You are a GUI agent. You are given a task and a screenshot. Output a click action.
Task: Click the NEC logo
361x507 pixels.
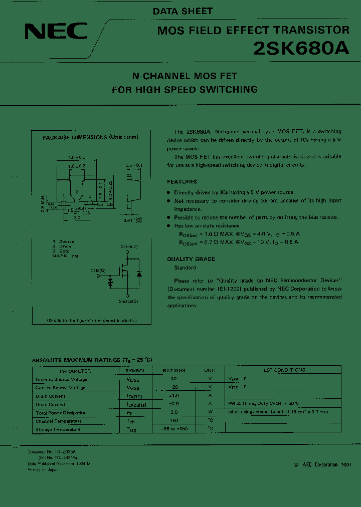56,33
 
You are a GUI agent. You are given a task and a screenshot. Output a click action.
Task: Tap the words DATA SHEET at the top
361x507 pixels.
183,11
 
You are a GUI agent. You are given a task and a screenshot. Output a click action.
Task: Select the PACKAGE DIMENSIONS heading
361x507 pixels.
90,137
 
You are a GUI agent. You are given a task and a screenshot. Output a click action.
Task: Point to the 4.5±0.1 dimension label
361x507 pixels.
76,157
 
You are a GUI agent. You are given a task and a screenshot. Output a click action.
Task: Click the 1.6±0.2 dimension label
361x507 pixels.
76,165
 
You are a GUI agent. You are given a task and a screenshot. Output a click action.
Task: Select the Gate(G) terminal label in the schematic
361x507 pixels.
98,271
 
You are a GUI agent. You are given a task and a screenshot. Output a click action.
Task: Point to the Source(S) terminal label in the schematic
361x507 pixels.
128,301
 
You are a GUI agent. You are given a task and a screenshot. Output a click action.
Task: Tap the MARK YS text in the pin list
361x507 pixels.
65,256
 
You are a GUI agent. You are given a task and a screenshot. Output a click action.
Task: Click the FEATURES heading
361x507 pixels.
182,182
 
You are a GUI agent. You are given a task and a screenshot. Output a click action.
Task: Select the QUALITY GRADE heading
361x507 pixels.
191,259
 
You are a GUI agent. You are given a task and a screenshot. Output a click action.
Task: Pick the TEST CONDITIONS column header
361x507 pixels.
283,370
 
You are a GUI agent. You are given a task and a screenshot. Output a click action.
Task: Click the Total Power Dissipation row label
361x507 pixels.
61,413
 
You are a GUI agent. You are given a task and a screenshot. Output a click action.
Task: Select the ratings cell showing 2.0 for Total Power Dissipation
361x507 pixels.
174,413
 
